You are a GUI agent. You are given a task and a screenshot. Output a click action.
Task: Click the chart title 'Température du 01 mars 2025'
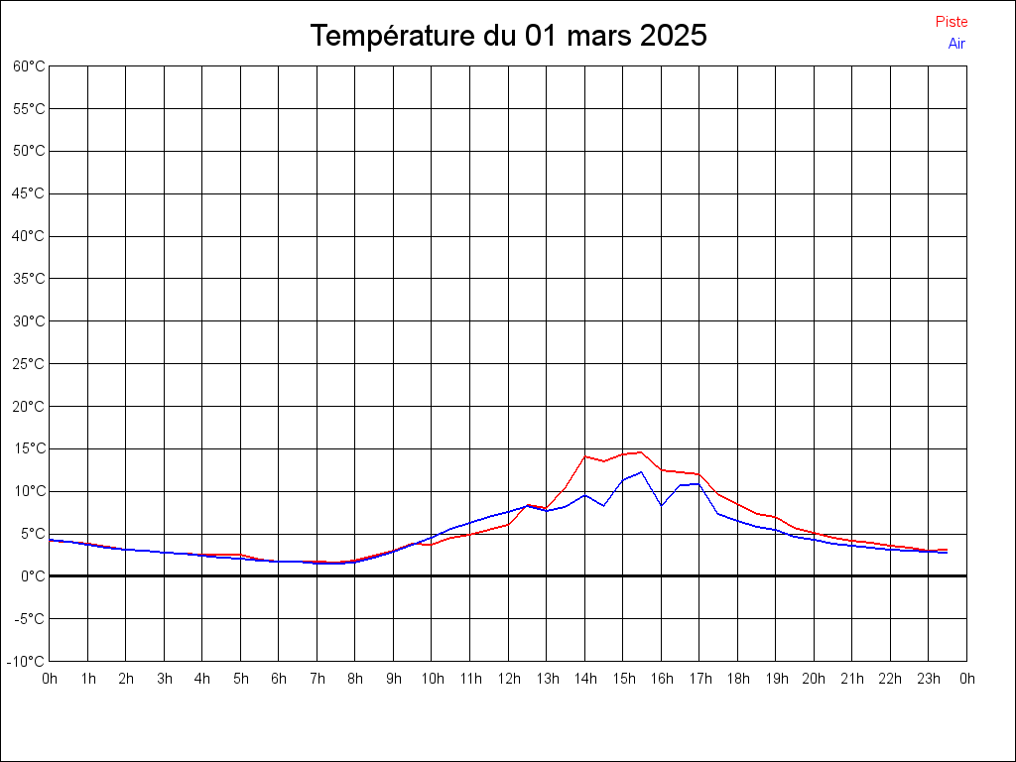tap(508, 36)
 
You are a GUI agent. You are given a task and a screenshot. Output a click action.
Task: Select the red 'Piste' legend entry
tap(952, 22)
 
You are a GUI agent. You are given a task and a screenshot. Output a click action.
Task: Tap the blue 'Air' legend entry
tap(956, 43)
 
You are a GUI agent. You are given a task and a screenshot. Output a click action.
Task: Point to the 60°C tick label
tap(30, 66)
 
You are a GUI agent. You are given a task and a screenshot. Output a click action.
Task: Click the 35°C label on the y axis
tap(30, 279)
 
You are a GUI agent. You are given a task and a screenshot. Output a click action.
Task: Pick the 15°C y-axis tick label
tap(30, 448)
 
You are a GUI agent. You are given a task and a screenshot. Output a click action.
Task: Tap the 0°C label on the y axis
tap(33, 576)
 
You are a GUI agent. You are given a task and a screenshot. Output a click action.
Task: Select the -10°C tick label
tap(28, 661)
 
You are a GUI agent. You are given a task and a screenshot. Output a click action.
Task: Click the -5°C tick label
tap(30, 619)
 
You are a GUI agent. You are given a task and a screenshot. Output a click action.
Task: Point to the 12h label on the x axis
tap(509, 679)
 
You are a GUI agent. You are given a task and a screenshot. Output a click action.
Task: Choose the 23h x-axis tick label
tap(929, 679)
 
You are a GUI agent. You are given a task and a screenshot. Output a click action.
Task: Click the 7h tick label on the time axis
tap(317, 679)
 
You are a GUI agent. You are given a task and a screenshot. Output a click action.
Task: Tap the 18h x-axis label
tap(738, 679)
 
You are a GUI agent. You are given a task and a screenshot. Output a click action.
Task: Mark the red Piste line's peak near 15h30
tap(641, 452)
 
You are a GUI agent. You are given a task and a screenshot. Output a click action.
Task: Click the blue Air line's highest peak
tap(642, 472)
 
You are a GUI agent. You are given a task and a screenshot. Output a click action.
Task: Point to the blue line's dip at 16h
tap(662, 505)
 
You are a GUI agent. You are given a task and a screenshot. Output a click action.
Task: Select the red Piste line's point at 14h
tap(585, 456)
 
